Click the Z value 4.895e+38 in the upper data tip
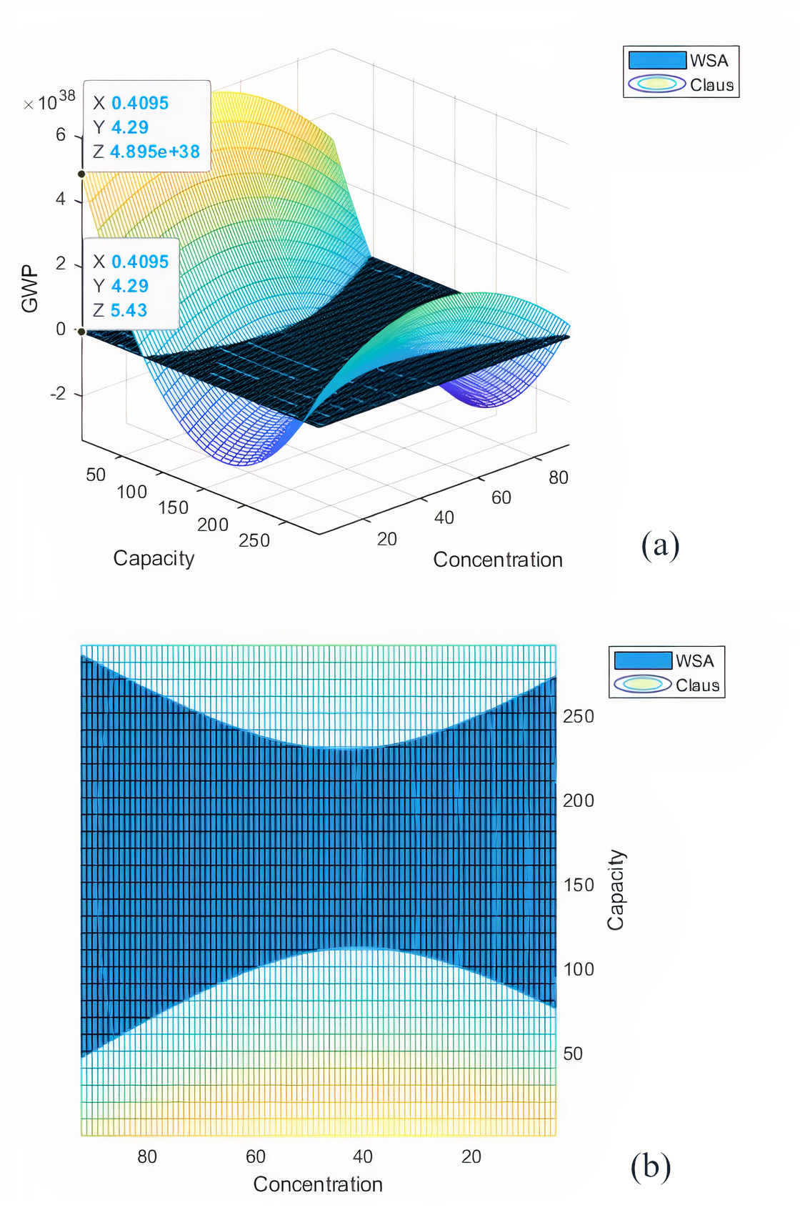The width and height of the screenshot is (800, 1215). click(154, 152)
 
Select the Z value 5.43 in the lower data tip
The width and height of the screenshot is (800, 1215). click(129, 310)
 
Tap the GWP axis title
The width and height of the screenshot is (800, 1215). click(29, 289)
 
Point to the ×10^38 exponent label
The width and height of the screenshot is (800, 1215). click(49, 101)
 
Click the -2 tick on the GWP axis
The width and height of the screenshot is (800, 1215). click(58, 394)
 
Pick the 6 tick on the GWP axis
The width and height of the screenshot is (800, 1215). click(61, 134)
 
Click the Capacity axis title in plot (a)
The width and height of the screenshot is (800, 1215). click(154, 558)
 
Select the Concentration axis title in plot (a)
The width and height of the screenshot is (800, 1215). click(497, 560)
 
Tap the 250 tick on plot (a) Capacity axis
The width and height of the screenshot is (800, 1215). click(254, 540)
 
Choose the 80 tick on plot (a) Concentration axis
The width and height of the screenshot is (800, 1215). click(558, 477)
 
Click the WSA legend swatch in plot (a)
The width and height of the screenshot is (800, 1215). click(657, 60)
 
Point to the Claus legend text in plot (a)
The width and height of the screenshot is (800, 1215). click(711, 85)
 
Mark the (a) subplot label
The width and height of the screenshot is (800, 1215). click(660, 545)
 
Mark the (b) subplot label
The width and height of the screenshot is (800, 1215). click(650, 1166)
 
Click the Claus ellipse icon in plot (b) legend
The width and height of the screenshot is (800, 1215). click(643, 685)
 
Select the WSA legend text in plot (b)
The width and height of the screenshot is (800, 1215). click(694, 660)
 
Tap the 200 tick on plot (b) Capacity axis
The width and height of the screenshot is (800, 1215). click(578, 800)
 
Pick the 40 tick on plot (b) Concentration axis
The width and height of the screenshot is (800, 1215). click(363, 1156)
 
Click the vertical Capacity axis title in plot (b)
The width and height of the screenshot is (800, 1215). click(616, 890)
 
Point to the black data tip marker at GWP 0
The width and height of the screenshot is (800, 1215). click(82, 332)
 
